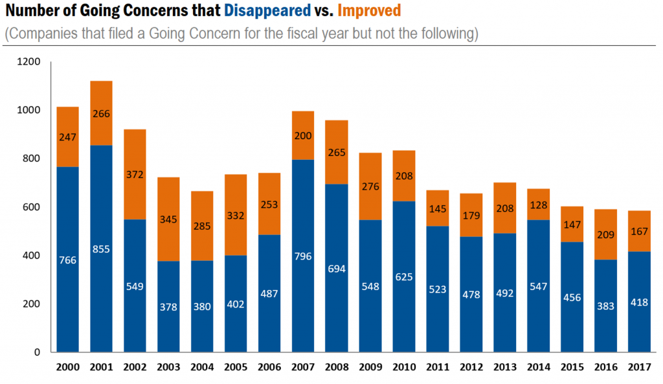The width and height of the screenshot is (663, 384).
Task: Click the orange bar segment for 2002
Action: click(135, 174)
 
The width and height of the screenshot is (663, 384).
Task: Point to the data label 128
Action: click(538, 205)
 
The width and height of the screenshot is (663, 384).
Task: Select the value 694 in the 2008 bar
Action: click(337, 267)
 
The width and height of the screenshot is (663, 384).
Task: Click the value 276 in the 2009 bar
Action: click(370, 186)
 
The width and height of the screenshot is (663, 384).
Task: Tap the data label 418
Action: click(639, 302)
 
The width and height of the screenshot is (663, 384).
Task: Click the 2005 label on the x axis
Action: click(236, 367)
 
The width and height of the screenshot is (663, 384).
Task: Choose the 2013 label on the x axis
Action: click(504, 367)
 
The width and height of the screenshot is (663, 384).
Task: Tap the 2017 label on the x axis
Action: click(639, 367)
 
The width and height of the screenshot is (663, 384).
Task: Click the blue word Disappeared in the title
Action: click(267, 11)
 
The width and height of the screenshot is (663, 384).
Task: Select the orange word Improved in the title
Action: click(369, 11)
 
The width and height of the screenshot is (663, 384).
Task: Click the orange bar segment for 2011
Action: click(438, 208)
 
